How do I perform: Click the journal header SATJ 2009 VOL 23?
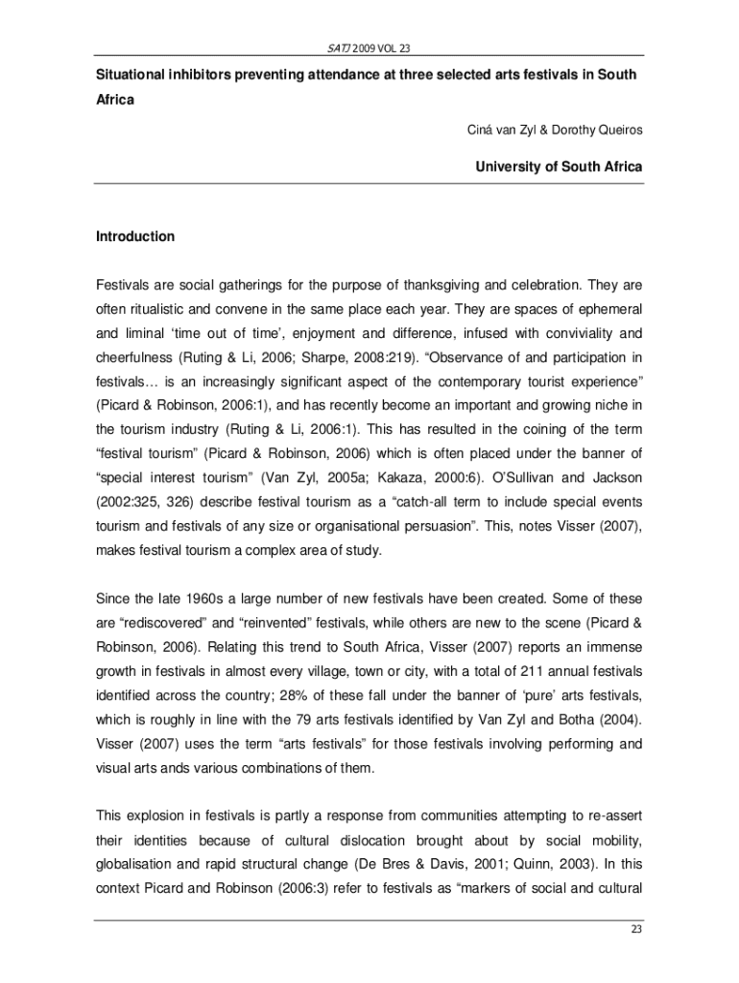369,48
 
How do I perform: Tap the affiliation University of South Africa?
559,167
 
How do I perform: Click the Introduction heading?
135,236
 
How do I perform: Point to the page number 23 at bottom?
634,927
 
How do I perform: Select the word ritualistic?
159,310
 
